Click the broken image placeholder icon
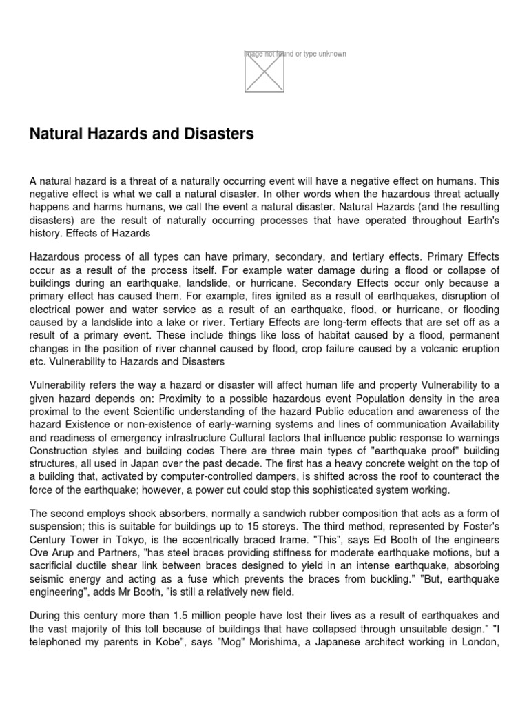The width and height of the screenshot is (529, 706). click(264, 72)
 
